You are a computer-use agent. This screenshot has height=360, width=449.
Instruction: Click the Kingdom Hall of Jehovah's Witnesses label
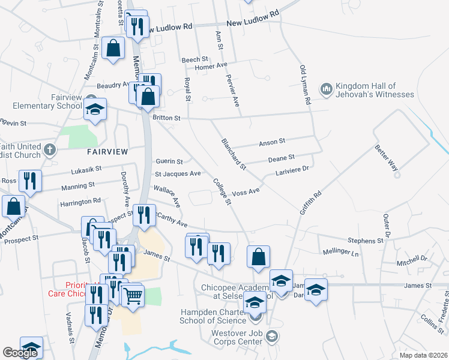pos(375,90)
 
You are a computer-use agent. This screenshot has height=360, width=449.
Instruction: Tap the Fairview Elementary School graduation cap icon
pos(95,110)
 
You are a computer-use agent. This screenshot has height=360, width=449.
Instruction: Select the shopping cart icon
pos(133,294)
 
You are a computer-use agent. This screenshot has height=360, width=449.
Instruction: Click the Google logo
pos(20,353)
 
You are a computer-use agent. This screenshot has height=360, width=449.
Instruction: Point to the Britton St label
pos(166,118)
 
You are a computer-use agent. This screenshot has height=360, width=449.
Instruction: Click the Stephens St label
pos(365,241)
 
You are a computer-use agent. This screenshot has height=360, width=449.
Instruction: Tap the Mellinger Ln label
pos(340,253)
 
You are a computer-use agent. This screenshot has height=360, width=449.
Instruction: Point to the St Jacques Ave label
pos(178,173)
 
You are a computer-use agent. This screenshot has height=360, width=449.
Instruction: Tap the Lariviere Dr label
pos(291,170)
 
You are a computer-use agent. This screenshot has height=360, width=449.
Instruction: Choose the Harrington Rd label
pos(81,203)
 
